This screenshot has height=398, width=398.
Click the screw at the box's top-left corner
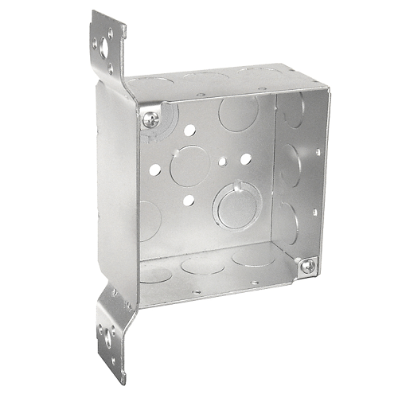point(151,119)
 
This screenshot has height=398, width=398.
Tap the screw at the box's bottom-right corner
point(307,266)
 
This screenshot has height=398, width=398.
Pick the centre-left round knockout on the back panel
point(189,165)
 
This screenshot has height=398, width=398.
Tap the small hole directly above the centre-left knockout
point(191,129)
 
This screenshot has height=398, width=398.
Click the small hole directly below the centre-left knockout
point(189,200)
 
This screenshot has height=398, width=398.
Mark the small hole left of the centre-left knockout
point(155,169)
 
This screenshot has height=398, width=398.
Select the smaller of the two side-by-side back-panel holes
point(224,162)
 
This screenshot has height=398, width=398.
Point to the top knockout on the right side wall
point(293,111)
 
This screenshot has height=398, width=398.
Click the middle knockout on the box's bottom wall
point(203,263)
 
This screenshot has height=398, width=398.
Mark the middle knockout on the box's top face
point(205,76)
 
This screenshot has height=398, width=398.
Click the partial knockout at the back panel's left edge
point(147,220)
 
